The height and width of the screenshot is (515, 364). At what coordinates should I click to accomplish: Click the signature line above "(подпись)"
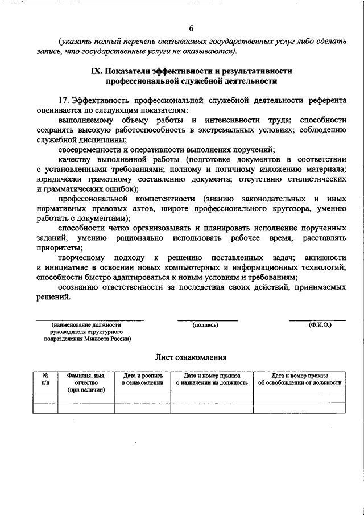[x=207, y=319]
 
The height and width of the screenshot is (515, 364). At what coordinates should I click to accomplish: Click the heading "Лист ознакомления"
[x=191, y=357]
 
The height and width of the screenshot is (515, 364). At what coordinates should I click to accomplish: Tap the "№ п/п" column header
[x=45, y=380]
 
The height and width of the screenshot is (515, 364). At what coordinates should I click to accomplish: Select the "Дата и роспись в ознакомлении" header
[x=142, y=380]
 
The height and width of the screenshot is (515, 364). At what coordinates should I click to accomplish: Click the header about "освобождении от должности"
[x=299, y=380]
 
